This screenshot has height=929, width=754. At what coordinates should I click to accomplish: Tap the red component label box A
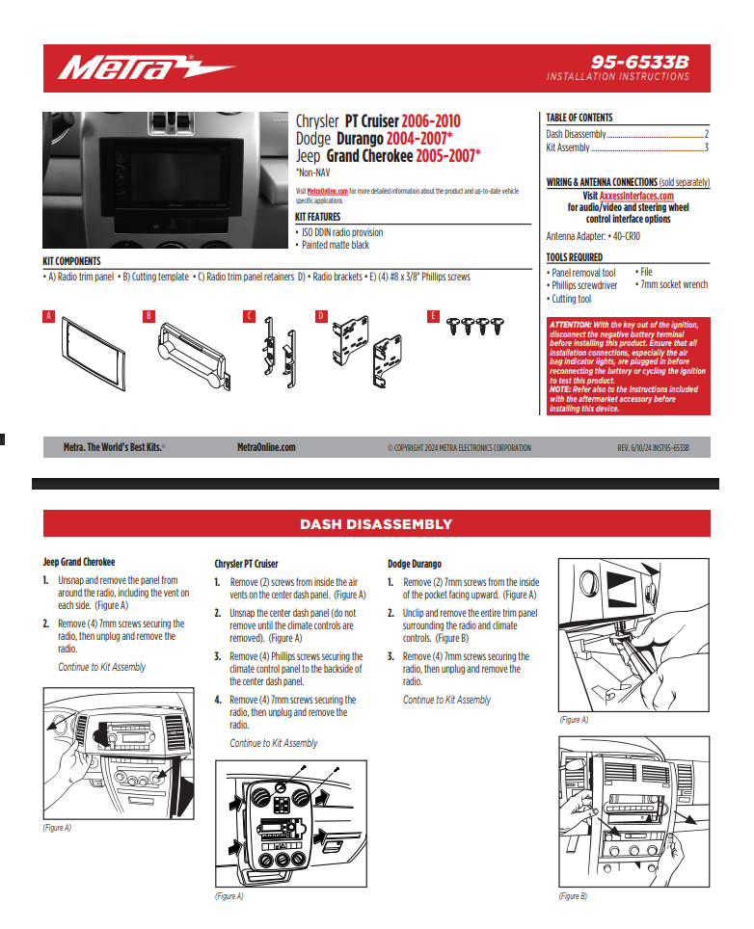pos(48,316)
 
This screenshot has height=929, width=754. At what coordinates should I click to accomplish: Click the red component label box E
pos(434,316)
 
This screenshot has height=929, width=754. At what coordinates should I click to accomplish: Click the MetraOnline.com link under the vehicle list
pos(327,192)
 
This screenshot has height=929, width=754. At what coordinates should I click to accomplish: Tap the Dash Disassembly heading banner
pos(376,524)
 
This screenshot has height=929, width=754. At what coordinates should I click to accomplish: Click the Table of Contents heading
pos(579,119)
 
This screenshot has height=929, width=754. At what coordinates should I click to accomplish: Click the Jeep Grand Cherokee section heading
pos(79,562)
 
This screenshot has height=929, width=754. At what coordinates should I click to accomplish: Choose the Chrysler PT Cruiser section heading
pos(246,564)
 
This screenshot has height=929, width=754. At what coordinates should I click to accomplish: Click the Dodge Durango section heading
pos(417,564)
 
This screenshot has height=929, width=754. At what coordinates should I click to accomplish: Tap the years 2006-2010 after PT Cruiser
pos(430,121)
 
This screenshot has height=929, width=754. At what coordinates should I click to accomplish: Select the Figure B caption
pos(573,896)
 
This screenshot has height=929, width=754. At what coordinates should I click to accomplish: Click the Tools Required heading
pos(575,257)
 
